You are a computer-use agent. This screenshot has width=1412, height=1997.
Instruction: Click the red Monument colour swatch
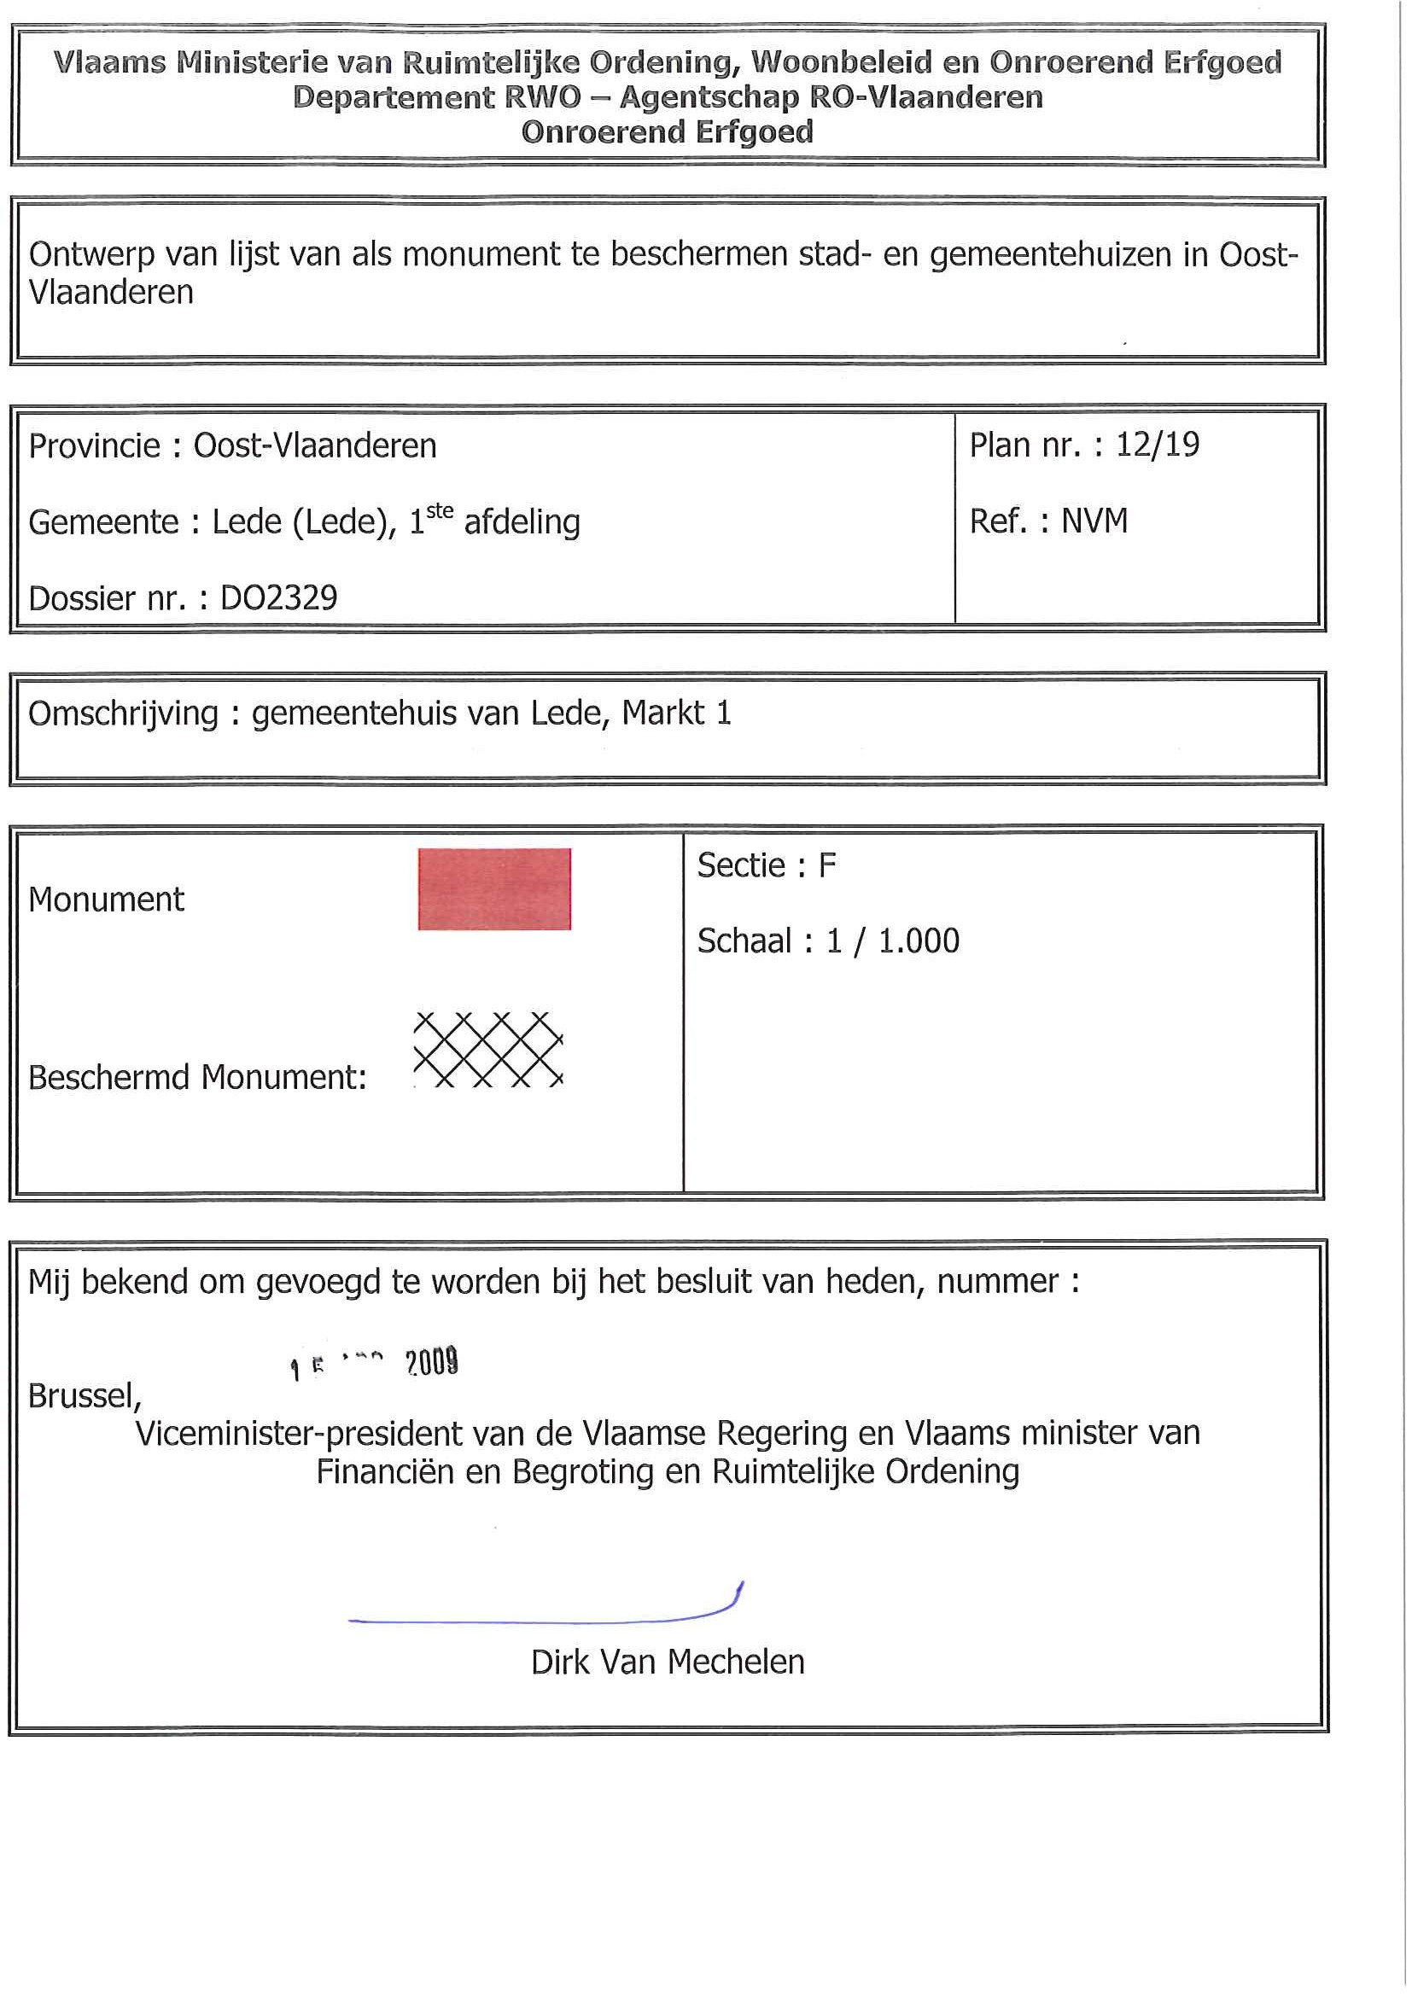pos(494,889)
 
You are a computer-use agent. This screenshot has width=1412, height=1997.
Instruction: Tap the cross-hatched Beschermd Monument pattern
pos(488,1049)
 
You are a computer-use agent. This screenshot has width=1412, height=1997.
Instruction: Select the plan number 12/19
pos(1157,445)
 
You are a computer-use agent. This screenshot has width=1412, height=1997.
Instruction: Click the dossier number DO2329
pos(278,597)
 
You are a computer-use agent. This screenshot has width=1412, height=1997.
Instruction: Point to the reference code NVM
pos(1094,521)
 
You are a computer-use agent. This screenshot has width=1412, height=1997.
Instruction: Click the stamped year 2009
pos(432,1362)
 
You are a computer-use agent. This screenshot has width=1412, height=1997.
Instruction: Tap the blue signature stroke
pos(540,1620)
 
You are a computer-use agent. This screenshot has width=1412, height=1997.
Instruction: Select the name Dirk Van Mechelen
pos(668,1662)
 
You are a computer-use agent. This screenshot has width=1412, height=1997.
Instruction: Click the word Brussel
pos(84,1396)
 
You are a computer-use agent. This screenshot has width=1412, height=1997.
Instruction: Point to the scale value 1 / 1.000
pos(893,941)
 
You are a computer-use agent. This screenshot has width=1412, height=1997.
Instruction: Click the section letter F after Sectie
pos(827,865)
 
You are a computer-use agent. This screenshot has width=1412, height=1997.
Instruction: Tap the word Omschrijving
pos(124,713)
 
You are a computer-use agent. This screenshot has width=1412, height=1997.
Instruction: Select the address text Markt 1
pos(676,713)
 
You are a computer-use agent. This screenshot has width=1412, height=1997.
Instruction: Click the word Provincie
pos(95,445)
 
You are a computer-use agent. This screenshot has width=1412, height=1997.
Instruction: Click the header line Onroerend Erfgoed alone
pos(668,132)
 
